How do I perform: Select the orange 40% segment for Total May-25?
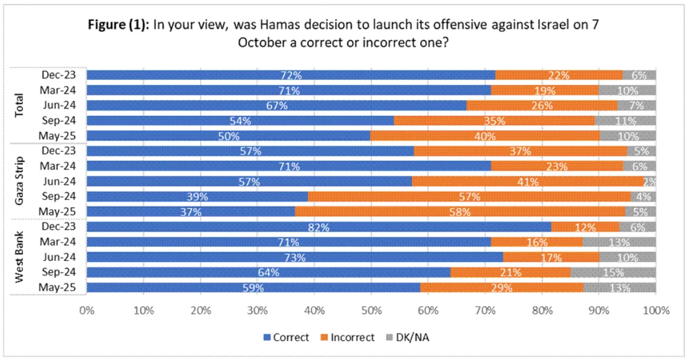pos(485,135)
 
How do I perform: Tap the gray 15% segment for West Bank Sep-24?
pos(613,272)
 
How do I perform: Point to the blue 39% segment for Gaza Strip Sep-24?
pos(197,196)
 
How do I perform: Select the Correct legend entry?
pos(287,337)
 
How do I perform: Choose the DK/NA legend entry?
pos(409,337)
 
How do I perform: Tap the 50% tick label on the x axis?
pos(371,311)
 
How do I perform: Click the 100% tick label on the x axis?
pos(656,311)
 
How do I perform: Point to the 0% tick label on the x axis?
pos(87,311)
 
